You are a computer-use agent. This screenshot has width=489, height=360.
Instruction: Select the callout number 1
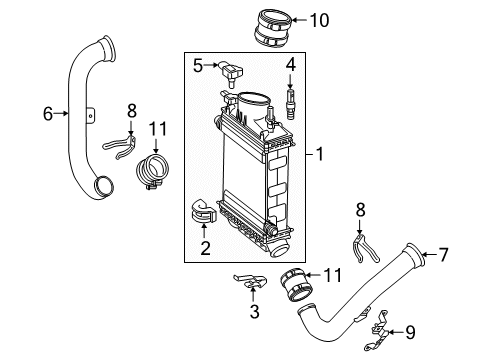321,156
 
